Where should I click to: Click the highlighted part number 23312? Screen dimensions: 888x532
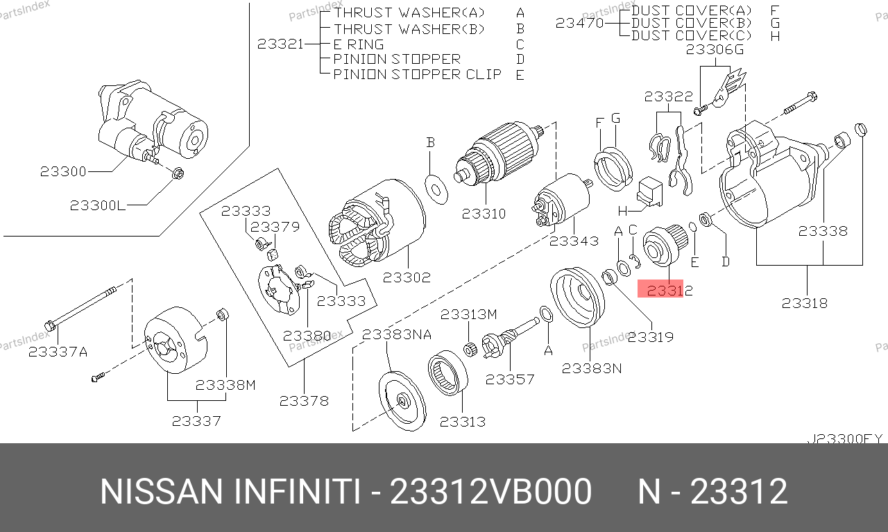669,291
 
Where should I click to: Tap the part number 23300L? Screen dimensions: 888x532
98,205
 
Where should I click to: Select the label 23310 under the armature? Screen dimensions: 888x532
484,214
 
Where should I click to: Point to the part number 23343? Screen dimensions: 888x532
574,241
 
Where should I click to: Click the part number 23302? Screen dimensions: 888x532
407,277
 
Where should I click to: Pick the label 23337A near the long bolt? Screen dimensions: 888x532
58,352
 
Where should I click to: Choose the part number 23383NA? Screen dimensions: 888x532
397,334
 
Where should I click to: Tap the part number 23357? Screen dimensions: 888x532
510,379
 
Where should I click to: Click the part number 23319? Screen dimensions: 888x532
651,337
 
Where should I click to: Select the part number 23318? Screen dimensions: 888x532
804,303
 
